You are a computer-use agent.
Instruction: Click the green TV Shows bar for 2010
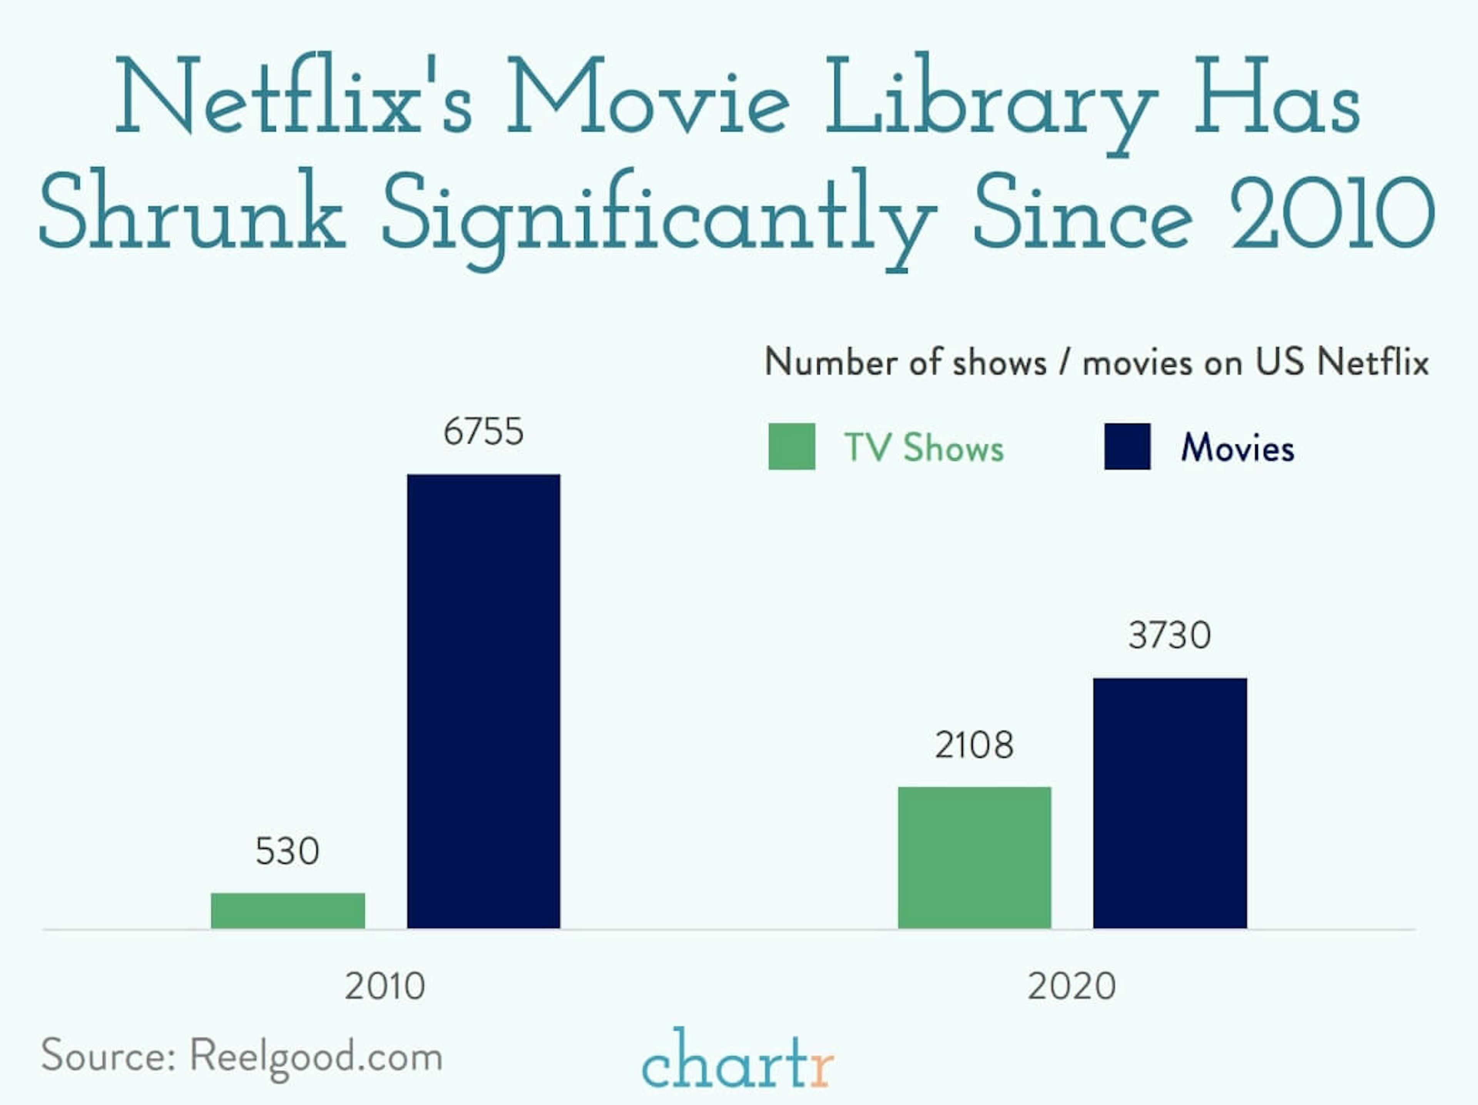[x=288, y=911]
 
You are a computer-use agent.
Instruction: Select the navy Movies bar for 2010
[x=484, y=701]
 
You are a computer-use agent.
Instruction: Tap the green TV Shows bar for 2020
[x=974, y=858]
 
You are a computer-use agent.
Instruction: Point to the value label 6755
[x=484, y=432]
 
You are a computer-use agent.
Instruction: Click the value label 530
[x=288, y=851]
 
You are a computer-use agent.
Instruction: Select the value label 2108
[x=974, y=745]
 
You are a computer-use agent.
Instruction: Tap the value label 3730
[x=1170, y=635]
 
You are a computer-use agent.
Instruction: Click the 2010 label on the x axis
[x=385, y=986]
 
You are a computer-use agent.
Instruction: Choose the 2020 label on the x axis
[x=1072, y=986]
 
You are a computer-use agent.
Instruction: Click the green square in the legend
[x=792, y=446]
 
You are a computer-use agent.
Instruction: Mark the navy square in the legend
[x=1127, y=446]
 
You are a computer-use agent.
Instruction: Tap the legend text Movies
[x=1237, y=447]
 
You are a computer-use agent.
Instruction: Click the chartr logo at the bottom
[x=738, y=1061]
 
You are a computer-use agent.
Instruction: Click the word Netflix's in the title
[x=294, y=97]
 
